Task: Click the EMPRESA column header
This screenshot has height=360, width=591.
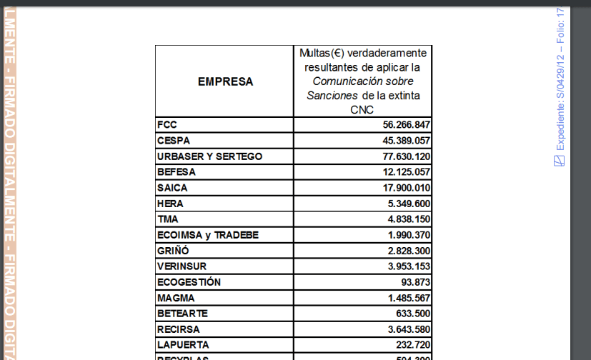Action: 225,81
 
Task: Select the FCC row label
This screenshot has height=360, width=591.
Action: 167,124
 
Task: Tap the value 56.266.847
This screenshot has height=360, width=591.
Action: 406,125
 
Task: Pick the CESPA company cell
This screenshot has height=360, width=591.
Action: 174,140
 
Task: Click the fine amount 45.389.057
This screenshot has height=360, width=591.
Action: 406,141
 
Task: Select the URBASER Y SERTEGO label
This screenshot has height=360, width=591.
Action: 210,156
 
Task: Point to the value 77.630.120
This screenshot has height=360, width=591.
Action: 406,156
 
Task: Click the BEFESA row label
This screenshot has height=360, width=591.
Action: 177,171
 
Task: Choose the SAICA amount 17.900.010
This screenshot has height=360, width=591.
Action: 406,188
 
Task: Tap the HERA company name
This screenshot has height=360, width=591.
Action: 171,204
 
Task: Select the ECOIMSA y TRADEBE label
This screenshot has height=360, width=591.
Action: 208,235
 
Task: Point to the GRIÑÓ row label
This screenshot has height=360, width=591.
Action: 173,251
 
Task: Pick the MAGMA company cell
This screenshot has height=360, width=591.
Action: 176,298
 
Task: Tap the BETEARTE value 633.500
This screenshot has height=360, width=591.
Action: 412,314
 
